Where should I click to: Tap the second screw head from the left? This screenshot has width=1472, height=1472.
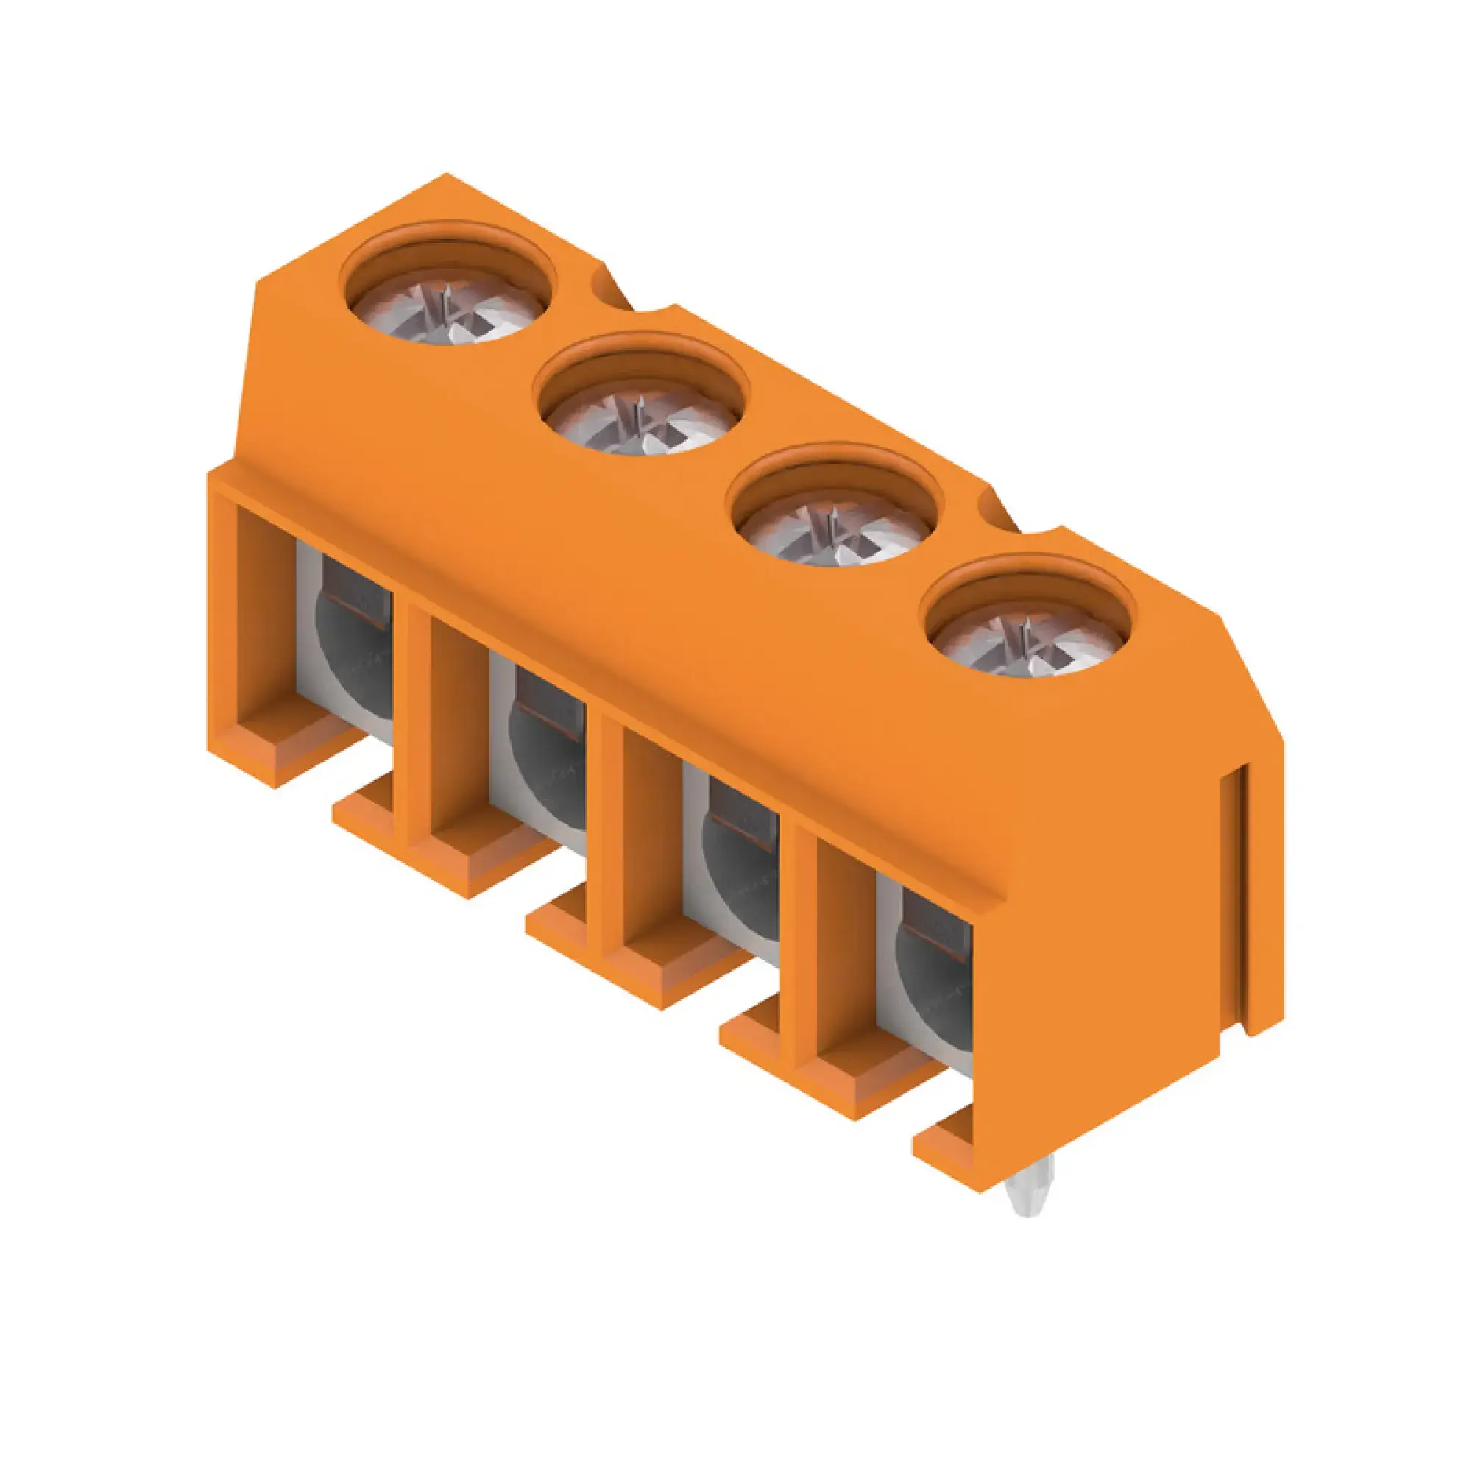point(643,420)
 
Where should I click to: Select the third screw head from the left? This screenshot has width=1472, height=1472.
point(835,533)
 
